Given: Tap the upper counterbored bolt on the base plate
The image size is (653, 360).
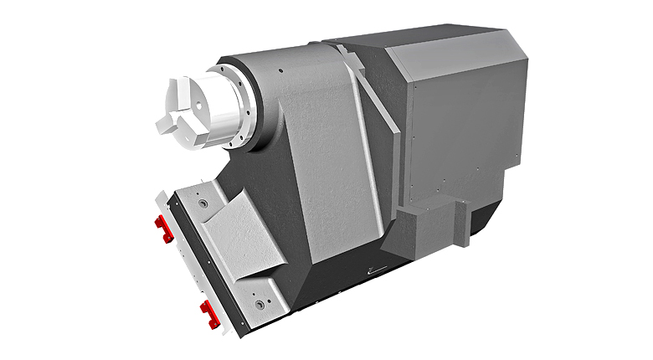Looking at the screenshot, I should tap(203, 204).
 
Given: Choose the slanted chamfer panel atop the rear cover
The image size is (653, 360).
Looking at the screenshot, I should tap(456, 54).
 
